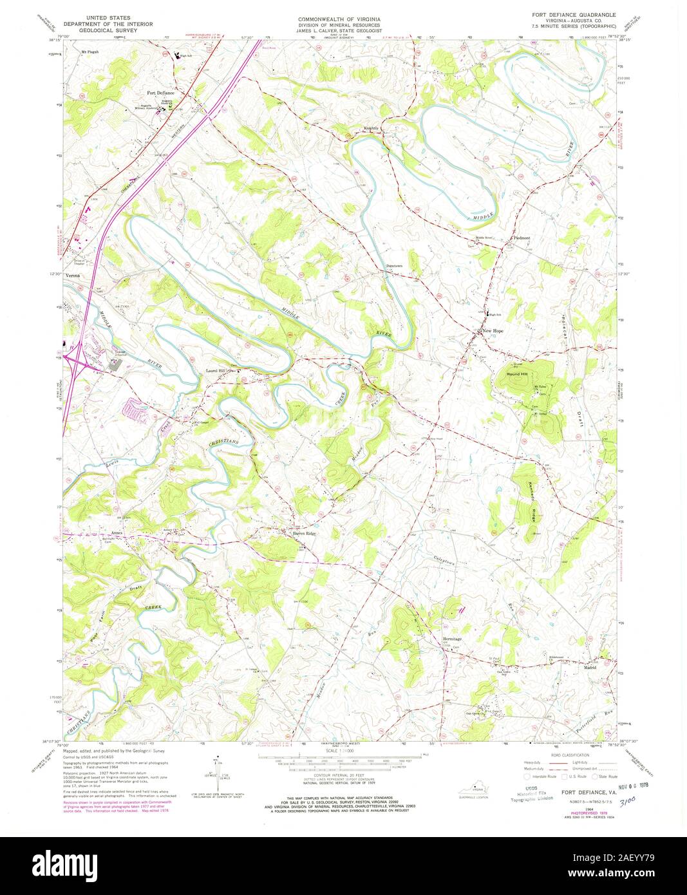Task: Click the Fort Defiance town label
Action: coord(161,93)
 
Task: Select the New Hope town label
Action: coord(493,331)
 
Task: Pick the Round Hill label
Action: coord(516,373)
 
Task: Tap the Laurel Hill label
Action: coord(216,371)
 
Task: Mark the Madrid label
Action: coord(590,668)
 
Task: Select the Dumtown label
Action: coord(394,266)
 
